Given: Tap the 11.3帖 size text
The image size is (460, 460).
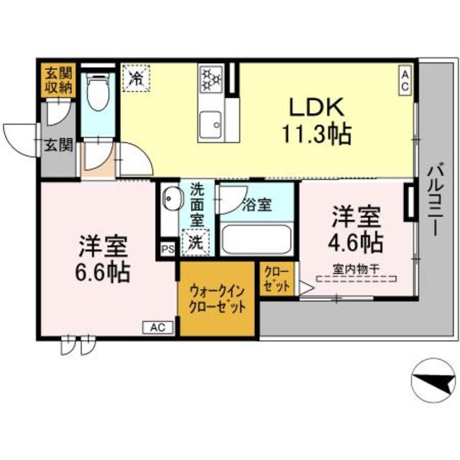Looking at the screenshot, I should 317,134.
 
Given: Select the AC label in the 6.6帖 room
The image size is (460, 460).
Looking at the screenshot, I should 157,328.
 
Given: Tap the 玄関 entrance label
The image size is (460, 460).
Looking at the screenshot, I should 57,144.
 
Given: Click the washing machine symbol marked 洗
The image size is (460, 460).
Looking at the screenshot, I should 195,242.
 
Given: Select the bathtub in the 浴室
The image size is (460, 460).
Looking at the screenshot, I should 255,239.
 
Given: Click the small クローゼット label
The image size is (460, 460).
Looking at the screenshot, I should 276,278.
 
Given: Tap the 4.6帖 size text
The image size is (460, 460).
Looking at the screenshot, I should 356,242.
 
